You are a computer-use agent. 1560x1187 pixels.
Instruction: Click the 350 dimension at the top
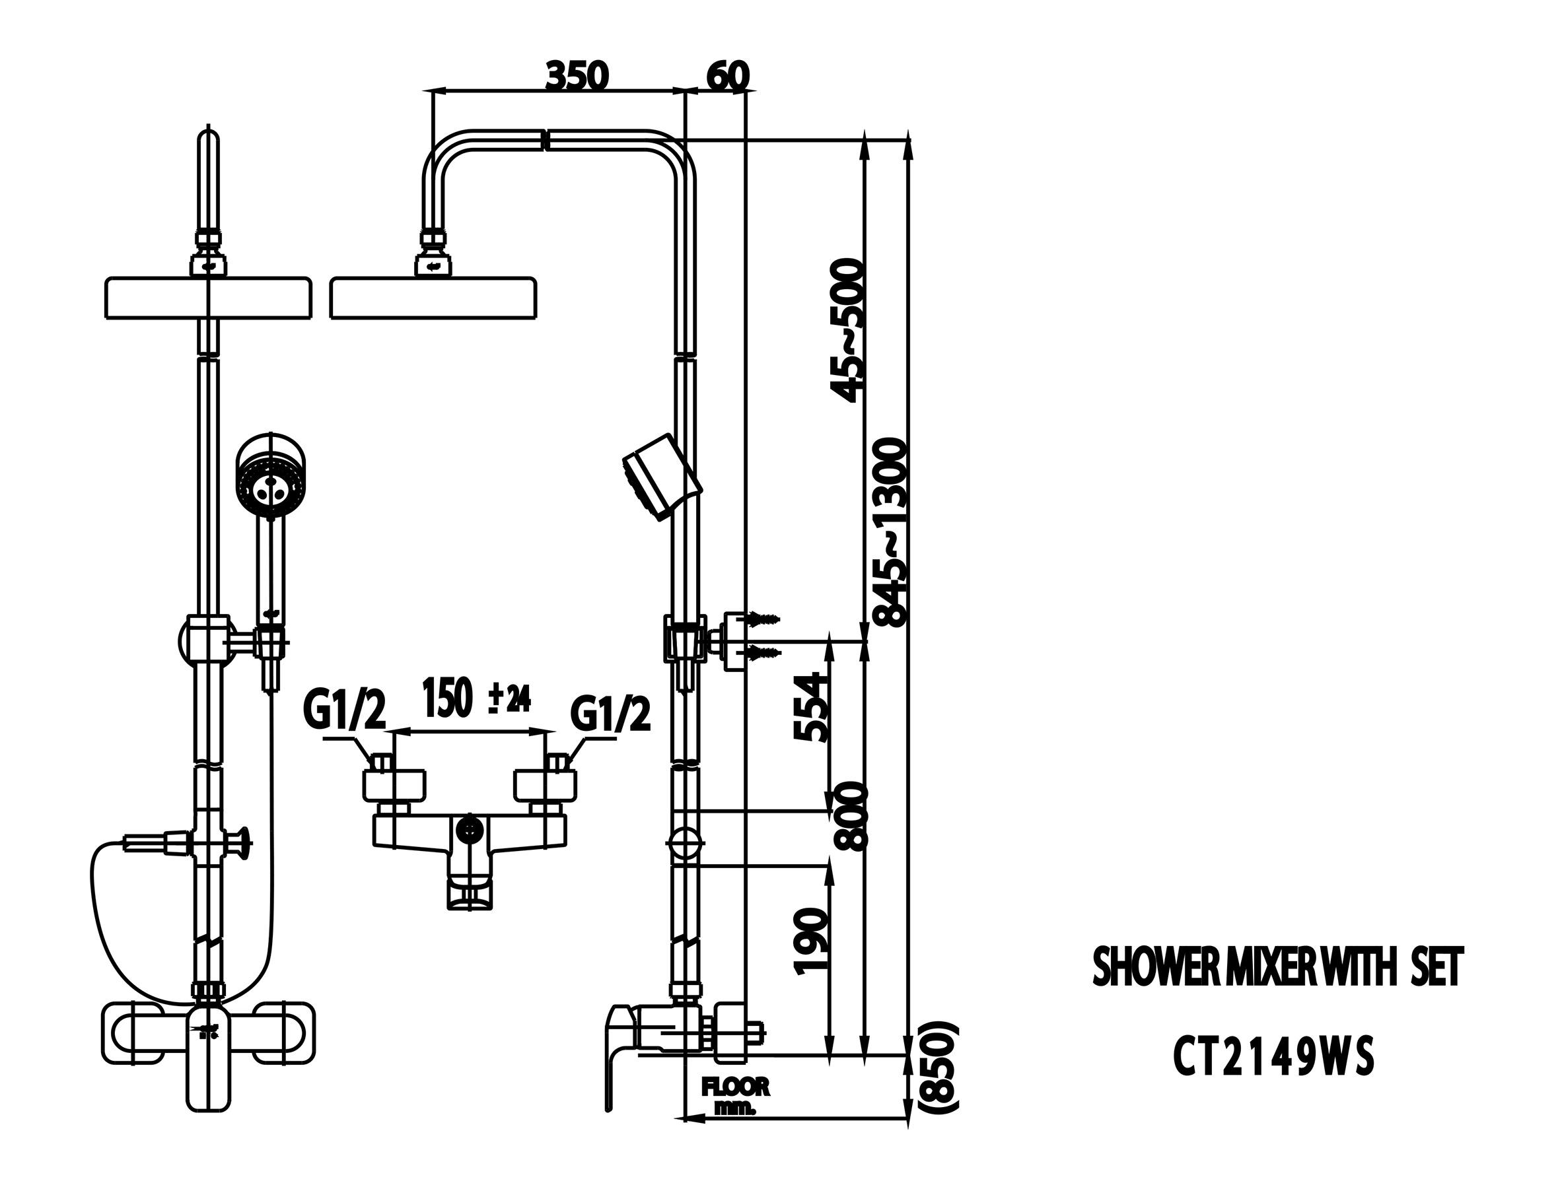(577, 76)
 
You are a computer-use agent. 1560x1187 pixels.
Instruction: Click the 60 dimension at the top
(727, 76)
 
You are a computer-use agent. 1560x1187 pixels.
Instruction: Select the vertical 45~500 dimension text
(847, 330)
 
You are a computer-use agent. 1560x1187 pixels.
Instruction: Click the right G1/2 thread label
(610, 714)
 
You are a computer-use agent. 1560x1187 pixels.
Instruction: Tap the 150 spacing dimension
(446, 697)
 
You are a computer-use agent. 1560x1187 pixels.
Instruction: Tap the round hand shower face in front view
(271, 485)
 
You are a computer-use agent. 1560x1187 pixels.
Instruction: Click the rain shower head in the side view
(433, 299)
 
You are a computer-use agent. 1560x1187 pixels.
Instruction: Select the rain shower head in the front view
(208, 299)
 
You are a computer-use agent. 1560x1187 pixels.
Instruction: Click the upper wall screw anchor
(762, 619)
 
